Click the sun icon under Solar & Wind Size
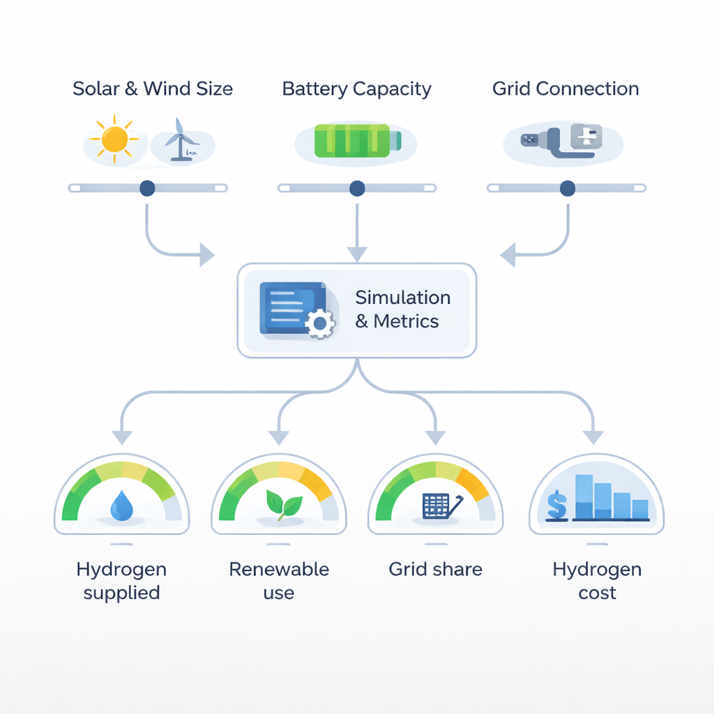[x=114, y=139]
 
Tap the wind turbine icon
[x=181, y=139]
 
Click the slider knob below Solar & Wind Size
[x=147, y=188]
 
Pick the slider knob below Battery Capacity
[x=357, y=188]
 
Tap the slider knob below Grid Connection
[x=568, y=188]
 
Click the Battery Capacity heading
[x=356, y=89]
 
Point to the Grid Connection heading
[x=565, y=89]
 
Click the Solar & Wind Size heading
[x=153, y=89]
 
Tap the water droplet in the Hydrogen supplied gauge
[x=123, y=506]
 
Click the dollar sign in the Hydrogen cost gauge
[x=556, y=505]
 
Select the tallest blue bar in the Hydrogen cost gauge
[x=584, y=496]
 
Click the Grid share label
[x=435, y=569]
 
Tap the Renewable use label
[x=279, y=581]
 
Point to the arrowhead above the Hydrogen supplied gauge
[x=122, y=437]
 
